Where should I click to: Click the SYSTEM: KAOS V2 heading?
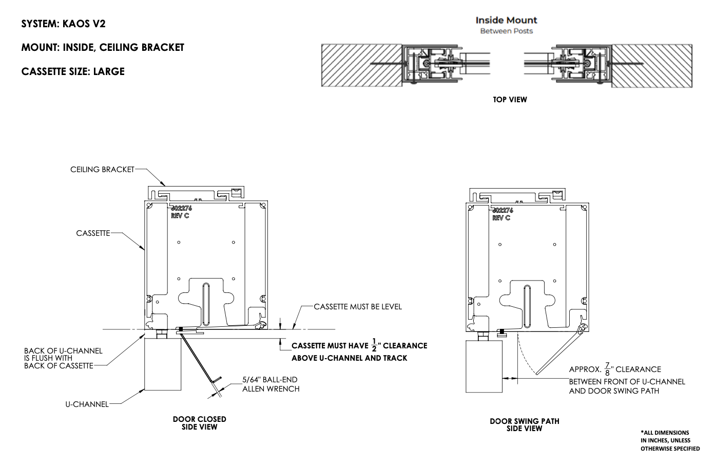[x=63, y=24]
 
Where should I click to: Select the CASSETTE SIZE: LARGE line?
[x=73, y=71]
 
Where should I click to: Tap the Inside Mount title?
[x=506, y=20]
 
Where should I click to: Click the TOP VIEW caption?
[x=510, y=100]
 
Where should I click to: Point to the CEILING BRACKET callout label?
[x=102, y=169]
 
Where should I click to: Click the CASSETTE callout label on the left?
[x=93, y=233]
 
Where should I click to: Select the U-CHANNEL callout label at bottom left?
[x=87, y=404]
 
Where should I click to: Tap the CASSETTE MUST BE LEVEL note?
[x=358, y=307]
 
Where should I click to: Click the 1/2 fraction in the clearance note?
[x=374, y=345]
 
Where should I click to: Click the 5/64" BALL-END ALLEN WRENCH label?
[x=270, y=384]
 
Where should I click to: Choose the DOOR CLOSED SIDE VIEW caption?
[x=199, y=423]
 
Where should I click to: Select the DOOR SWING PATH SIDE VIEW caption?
[x=524, y=424]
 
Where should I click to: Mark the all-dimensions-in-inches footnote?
[x=669, y=440]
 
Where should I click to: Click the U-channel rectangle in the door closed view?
[x=163, y=363]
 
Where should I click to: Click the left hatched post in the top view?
[x=361, y=65]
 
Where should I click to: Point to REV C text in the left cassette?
[x=180, y=216]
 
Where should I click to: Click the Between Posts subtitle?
[x=506, y=31]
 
